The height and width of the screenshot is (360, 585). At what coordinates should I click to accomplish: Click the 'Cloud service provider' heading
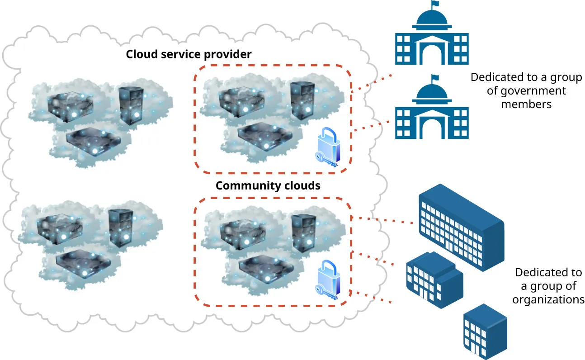[x=189, y=55]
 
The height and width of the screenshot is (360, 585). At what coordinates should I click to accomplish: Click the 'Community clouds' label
[x=268, y=185]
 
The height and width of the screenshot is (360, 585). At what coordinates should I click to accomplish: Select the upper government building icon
[x=431, y=38]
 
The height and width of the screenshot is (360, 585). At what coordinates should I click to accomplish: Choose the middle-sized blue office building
[x=433, y=279]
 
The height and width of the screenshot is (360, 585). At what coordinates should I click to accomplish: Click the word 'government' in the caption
[x=526, y=91]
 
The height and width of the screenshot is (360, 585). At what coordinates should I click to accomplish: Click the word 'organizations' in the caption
[x=548, y=299]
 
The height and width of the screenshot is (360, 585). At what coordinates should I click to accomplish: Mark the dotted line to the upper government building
[x=371, y=83]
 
